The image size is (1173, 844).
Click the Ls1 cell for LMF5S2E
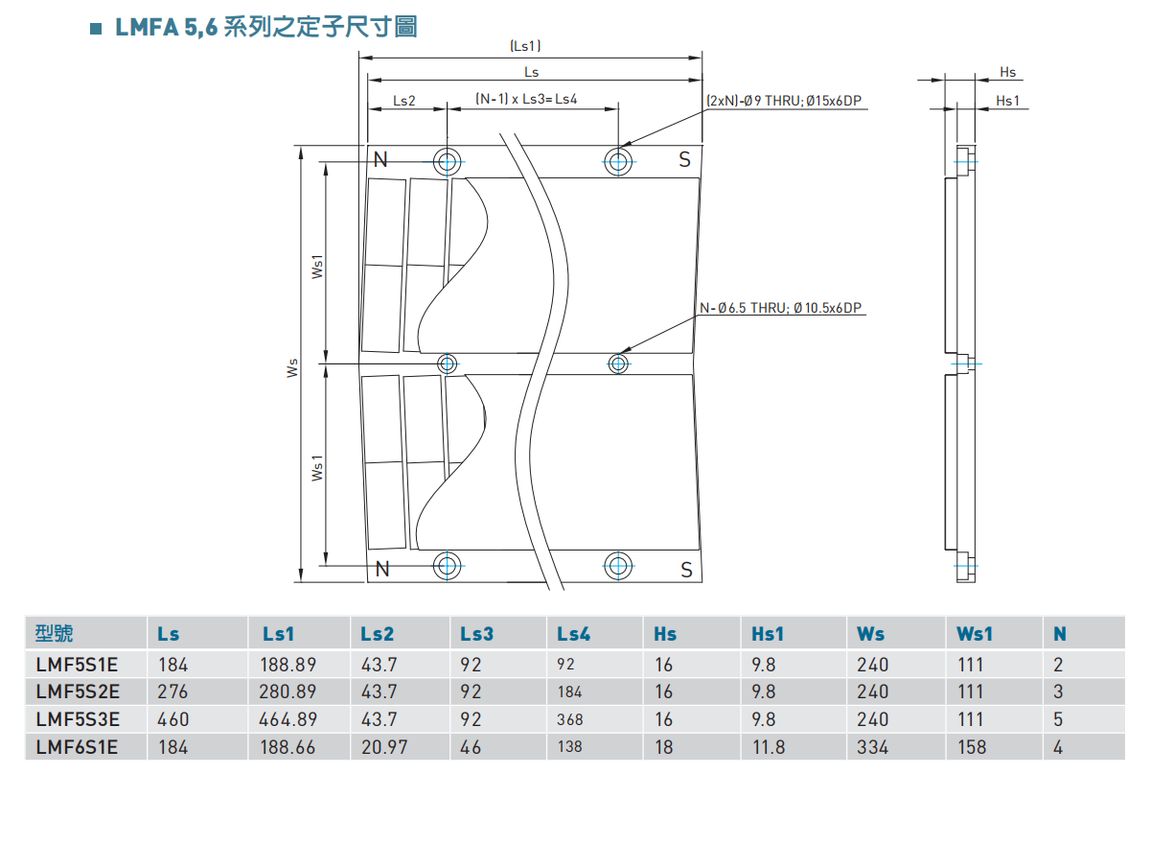coord(287,692)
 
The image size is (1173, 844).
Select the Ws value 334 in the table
coord(873,746)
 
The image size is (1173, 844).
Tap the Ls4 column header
coord(574,634)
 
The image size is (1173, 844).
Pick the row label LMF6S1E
coord(77,746)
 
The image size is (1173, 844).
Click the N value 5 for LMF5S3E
coord(1058,719)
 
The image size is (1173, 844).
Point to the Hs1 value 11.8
coord(769,746)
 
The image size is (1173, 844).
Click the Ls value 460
coord(173,719)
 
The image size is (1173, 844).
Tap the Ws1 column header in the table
coord(975,634)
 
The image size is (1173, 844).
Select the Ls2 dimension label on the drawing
coord(404,100)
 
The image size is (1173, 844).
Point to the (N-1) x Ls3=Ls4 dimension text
coord(526,99)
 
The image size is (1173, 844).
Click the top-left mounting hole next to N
coord(448,162)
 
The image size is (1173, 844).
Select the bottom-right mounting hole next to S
coord(619,565)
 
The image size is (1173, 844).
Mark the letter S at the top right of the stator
coord(684,160)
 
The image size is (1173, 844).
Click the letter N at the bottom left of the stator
coord(382,569)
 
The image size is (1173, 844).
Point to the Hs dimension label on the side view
coord(1007,73)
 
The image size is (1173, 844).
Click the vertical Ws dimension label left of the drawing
coord(293,367)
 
